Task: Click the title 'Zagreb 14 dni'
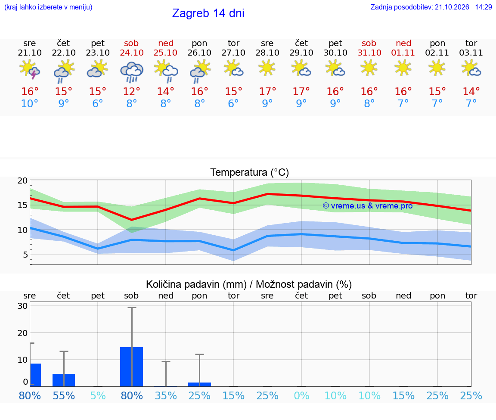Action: pyautogui.click(x=208, y=13)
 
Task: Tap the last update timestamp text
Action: pyautogui.click(x=431, y=7)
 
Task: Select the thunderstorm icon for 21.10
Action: pyautogui.click(x=29, y=69)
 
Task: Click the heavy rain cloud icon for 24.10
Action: pyautogui.click(x=132, y=72)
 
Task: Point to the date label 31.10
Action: pyautogui.click(x=369, y=53)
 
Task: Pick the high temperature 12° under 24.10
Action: pyautogui.click(x=131, y=91)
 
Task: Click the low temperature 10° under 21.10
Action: pyautogui.click(x=29, y=103)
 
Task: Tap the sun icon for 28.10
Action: pyautogui.click(x=267, y=68)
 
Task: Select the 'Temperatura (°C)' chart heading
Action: pyautogui.click(x=250, y=172)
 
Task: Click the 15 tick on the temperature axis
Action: pyautogui.click(x=22, y=205)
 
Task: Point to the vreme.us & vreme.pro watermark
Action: pyautogui.click(x=368, y=206)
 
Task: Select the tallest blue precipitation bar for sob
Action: pyautogui.click(x=132, y=367)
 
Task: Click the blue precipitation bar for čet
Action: pyautogui.click(x=64, y=380)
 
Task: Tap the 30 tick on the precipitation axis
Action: pyautogui.click(x=22, y=306)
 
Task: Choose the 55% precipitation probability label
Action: pyautogui.click(x=64, y=395)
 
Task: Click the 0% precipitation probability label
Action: pyautogui.click(x=301, y=395)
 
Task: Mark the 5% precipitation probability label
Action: pyautogui.click(x=98, y=395)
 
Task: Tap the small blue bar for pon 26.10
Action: pyautogui.click(x=200, y=385)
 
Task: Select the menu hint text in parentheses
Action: pyautogui.click(x=48, y=7)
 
